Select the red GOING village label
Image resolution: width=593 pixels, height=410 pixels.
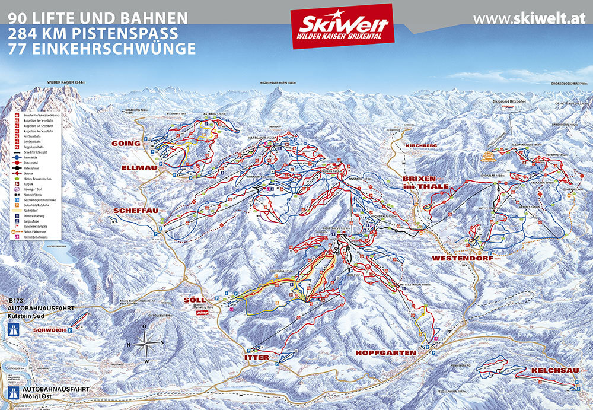click(125, 144)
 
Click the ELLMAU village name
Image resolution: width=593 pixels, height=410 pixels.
click(137, 168)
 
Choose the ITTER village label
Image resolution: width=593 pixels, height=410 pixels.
click(256, 357)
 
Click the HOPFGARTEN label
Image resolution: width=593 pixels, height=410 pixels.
click(385, 352)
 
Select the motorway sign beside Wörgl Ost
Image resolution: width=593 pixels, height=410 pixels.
click(11, 392)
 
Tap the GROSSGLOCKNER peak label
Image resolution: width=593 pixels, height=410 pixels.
click(567, 84)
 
